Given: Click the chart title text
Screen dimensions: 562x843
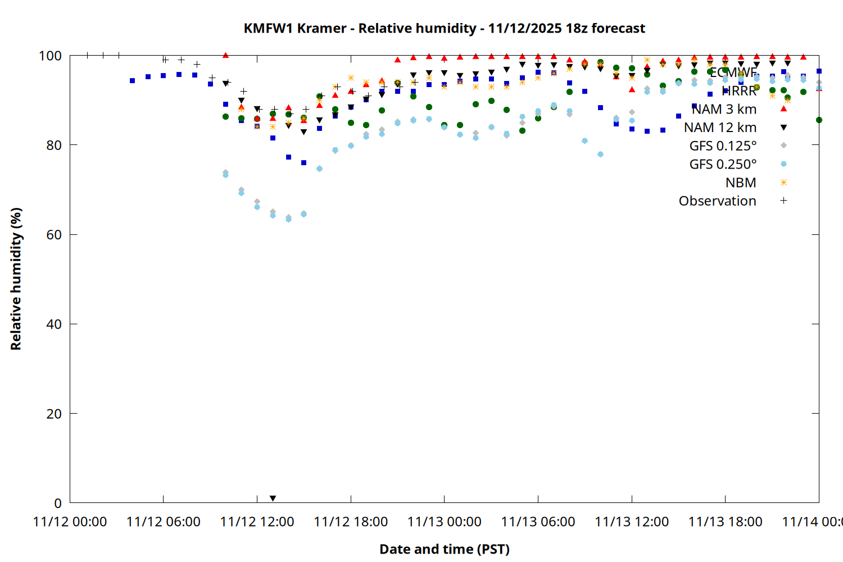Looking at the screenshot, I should (x=444, y=28).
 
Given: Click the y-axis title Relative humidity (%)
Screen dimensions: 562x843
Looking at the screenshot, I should (x=16, y=279).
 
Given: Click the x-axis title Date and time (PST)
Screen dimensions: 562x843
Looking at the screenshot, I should (x=444, y=549).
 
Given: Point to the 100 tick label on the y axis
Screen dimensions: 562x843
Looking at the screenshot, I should (x=50, y=56).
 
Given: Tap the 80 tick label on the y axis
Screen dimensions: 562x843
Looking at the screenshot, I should (x=54, y=145).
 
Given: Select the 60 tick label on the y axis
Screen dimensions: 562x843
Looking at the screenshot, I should (x=54, y=234).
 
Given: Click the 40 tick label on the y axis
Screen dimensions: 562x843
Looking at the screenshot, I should (x=54, y=324).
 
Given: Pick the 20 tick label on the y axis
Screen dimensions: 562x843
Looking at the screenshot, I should (x=54, y=414).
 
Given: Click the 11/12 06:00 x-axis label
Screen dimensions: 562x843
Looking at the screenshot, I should (x=164, y=522).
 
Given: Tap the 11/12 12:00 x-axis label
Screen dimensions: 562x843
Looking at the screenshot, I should (x=257, y=522).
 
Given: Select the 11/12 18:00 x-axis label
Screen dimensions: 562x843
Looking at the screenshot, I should (x=351, y=522).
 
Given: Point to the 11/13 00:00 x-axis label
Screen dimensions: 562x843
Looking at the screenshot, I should (x=444, y=522).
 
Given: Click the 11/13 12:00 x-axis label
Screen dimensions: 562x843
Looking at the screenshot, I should (x=632, y=522).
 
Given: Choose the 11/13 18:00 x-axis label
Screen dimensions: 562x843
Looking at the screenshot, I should (x=725, y=522).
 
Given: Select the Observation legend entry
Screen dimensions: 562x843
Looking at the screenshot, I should (x=717, y=201).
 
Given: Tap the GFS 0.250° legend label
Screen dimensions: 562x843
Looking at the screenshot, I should (x=723, y=164).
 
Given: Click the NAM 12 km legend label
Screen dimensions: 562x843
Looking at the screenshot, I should (x=720, y=128).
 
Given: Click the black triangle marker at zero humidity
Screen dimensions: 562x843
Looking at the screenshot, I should (x=273, y=498).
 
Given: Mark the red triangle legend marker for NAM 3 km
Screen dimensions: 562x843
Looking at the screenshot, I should (x=783, y=108).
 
